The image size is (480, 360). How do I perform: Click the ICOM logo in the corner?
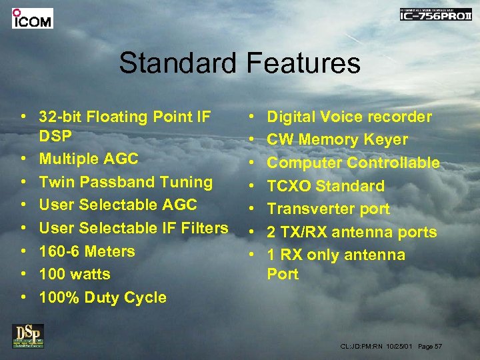tap(32, 18)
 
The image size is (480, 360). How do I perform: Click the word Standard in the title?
tap(177, 64)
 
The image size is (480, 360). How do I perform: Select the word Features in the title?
tap(303, 64)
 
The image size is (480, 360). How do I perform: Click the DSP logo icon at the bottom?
tap(27, 335)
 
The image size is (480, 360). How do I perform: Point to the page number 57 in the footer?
tap(437, 347)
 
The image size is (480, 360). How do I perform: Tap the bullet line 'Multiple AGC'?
tap(89, 159)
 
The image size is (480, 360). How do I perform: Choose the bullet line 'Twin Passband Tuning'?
tap(126, 182)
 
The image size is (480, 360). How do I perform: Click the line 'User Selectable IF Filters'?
tap(133, 228)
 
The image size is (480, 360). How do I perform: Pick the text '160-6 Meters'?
tap(87, 251)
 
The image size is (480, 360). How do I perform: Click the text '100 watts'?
tap(75, 274)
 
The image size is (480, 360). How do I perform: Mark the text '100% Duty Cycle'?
tap(103, 297)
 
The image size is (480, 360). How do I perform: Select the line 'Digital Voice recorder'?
tap(349, 117)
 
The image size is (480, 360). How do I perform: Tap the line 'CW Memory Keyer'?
tap(337, 140)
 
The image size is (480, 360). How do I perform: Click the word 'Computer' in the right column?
tap(304, 163)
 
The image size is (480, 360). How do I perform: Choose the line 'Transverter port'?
tap(328, 209)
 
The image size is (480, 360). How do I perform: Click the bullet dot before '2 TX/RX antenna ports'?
tap(252, 233)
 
